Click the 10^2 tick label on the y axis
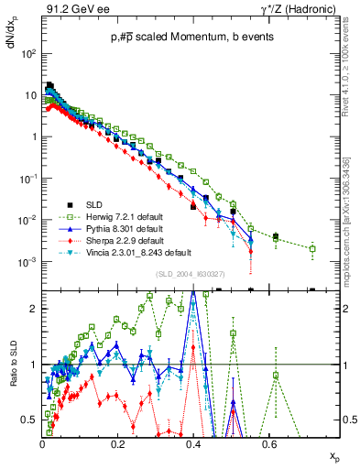tap(29, 53)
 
